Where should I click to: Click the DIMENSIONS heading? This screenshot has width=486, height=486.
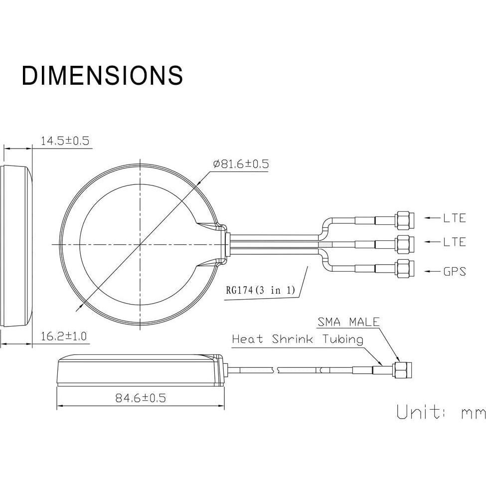(102, 75)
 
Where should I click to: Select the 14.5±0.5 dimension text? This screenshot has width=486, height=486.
(65, 141)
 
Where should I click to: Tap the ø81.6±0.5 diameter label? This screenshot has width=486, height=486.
(241, 163)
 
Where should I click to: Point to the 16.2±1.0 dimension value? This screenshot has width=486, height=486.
(64, 336)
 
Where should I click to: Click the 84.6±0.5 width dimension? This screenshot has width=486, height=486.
(141, 398)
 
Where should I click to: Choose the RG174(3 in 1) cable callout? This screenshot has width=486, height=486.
(260, 290)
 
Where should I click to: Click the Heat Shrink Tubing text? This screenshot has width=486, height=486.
(298, 339)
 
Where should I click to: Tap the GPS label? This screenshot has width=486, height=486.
(455, 272)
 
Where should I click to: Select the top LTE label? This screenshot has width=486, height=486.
(455, 218)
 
